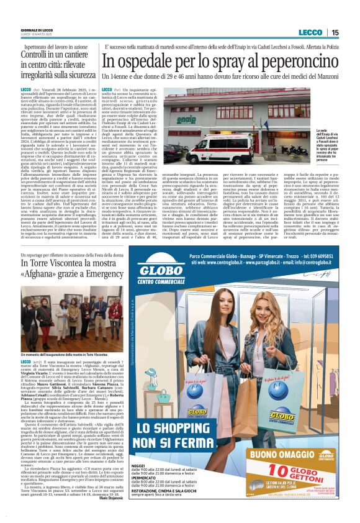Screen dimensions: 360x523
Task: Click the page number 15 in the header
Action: pyautogui.click(x=335, y=32)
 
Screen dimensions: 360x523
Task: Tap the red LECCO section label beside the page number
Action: pyautogui.click(x=310, y=32)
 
